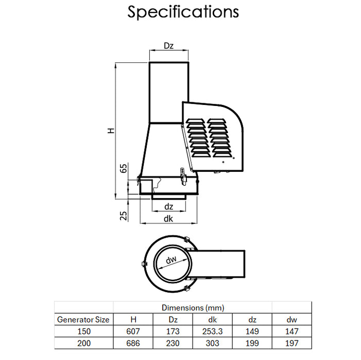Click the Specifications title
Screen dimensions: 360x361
183,11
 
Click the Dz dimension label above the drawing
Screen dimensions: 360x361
168,46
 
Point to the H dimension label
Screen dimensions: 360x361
111,131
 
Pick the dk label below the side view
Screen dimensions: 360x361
168,219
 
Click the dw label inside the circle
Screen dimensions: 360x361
171,261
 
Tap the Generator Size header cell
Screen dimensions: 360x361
83,319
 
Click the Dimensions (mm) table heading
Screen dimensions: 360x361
193,308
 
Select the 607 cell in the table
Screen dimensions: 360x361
133,331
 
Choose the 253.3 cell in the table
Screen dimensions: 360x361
212,331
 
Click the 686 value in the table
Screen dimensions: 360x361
133,343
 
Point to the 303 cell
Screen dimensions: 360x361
212,343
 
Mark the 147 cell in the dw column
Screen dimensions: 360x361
291,331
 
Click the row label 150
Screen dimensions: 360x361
83,331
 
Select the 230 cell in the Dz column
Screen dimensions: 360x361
173,343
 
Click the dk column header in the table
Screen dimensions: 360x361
212,319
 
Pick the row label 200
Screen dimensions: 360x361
83,343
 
